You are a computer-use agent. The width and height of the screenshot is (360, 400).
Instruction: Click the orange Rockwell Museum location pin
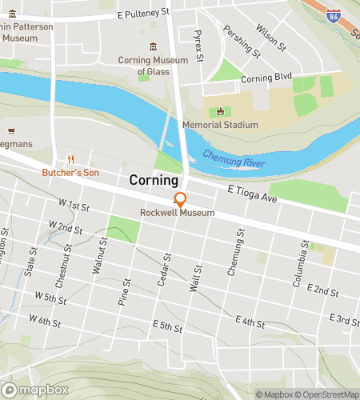[180, 199]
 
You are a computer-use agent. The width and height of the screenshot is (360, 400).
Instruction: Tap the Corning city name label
[154, 182]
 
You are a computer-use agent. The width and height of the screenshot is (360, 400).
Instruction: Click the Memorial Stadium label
[220, 125]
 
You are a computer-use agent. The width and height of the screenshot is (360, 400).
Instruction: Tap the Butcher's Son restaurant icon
[70, 158]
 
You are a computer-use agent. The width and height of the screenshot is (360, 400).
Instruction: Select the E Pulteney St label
[144, 14]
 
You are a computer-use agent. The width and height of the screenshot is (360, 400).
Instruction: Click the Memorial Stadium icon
[214, 112]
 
